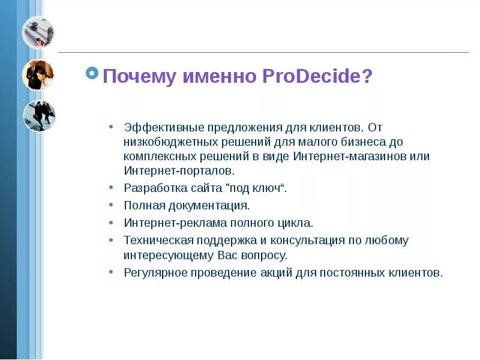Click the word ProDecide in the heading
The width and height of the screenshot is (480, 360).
(317, 77)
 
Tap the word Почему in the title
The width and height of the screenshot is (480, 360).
(140, 77)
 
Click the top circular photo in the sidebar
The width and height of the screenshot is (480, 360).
(38, 32)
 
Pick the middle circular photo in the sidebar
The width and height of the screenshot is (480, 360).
(38, 75)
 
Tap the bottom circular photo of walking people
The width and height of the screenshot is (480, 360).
(38, 115)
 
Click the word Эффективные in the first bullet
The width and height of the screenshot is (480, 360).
(164, 127)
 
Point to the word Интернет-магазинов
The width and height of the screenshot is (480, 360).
(346, 156)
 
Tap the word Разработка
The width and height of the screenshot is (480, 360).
(151, 188)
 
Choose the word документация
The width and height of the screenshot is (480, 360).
(209, 205)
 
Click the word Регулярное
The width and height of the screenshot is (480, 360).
(154, 272)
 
